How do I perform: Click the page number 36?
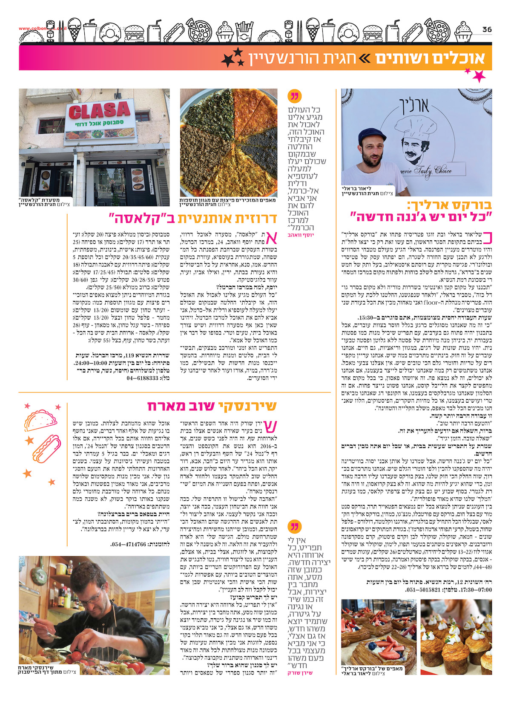[x=487, y=29]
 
